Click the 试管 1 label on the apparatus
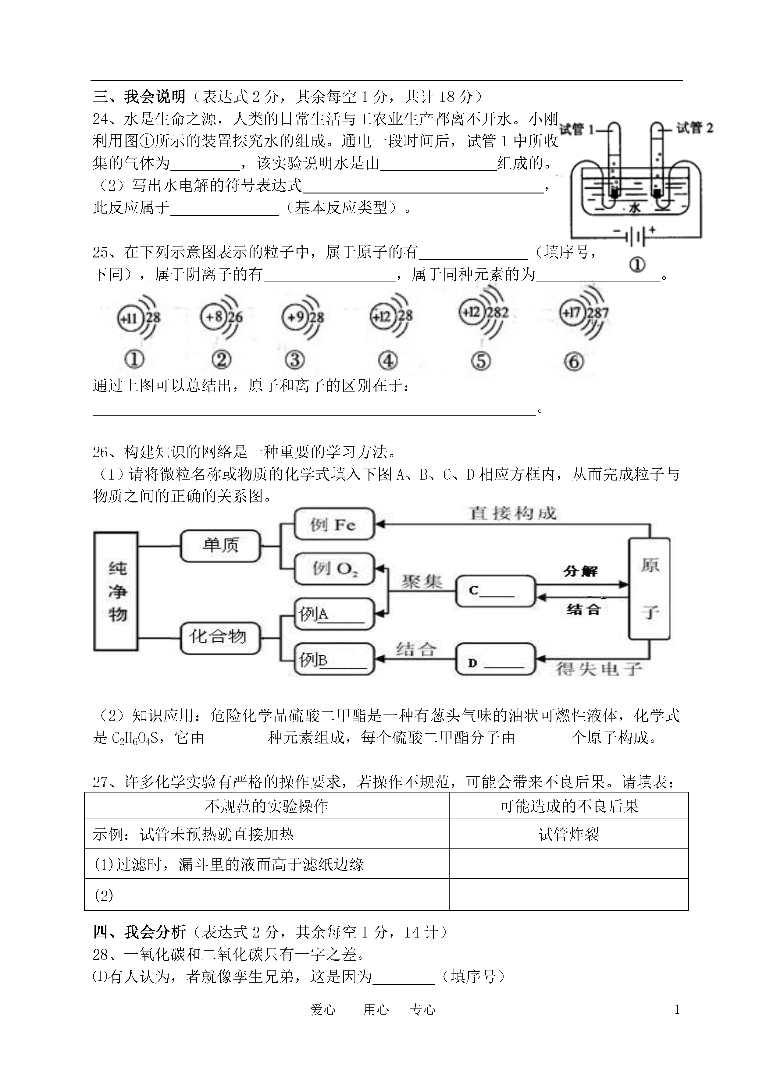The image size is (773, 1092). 577,129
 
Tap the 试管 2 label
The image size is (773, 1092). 695,128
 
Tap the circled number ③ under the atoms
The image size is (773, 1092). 295,360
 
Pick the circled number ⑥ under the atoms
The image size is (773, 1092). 574,362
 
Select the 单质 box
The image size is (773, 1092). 220,545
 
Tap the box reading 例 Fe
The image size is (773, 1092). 334,524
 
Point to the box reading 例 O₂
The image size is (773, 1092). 334,569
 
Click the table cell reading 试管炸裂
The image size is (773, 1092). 569,834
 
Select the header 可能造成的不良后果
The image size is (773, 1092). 569,806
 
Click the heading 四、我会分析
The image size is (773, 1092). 139,932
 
